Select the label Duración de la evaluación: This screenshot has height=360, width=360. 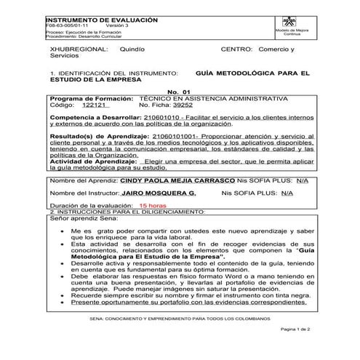(x=90, y=207)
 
